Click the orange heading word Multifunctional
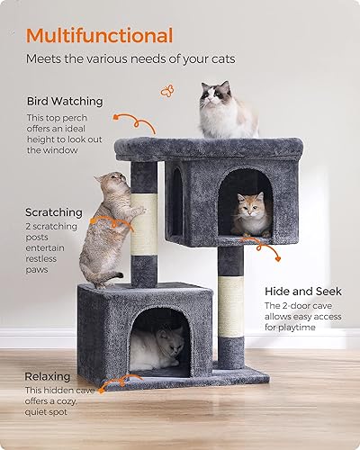(100, 36)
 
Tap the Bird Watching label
(64, 101)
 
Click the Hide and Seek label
(303, 292)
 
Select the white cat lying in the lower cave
(162, 346)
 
